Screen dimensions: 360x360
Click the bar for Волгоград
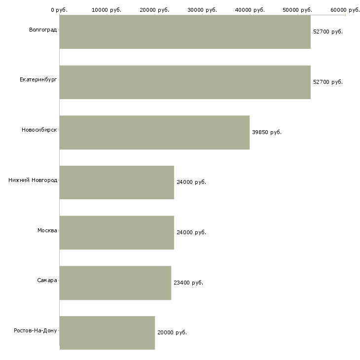click(185, 32)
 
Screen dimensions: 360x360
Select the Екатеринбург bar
click(185, 82)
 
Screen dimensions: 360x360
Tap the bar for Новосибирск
click(154, 133)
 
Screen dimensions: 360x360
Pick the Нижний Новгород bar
click(117, 182)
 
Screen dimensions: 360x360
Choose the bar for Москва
click(117, 233)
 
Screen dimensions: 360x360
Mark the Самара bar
click(115, 283)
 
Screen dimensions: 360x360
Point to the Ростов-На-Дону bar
click(107, 333)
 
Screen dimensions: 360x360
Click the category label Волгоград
click(43, 30)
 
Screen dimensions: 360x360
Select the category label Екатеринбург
click(38, 80)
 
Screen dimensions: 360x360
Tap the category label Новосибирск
click(39, 130)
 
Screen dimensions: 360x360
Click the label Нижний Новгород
click(33, 180)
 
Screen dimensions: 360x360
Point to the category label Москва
click(47, 230)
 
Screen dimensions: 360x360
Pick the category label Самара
click(47, 281)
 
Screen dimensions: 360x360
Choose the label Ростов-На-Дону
click(36, 330)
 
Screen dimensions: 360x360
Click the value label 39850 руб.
click(267, 132)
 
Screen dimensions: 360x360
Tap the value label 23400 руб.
click(188, 283)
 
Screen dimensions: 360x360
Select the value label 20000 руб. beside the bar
click(172, 332)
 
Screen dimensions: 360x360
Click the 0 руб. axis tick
click(59, 10)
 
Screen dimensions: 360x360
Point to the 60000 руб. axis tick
click(345, 10)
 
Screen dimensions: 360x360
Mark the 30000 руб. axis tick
click(202, 10)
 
